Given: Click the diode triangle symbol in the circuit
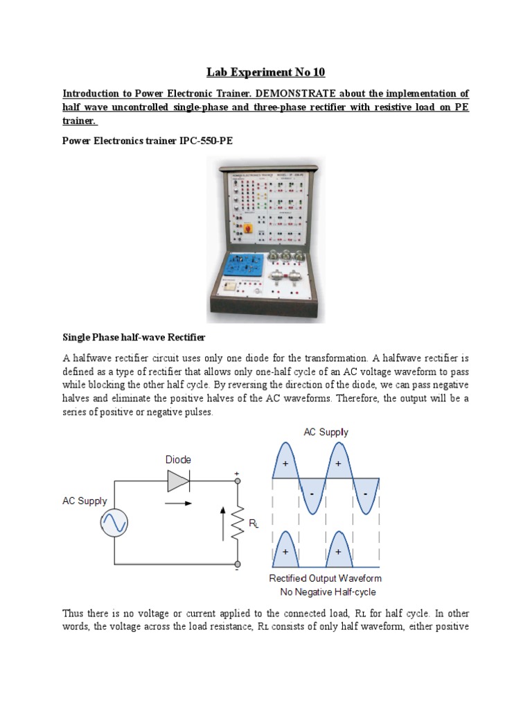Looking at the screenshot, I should (179, 480).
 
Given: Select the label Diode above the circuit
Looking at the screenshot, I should (178, 459).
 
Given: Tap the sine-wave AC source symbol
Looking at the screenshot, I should (114, 524).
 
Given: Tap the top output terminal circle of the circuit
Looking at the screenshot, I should (238, 480).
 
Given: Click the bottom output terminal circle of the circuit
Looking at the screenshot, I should (238, 564).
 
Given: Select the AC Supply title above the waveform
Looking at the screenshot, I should (326, 432).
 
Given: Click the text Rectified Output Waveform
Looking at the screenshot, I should (325, 578).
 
